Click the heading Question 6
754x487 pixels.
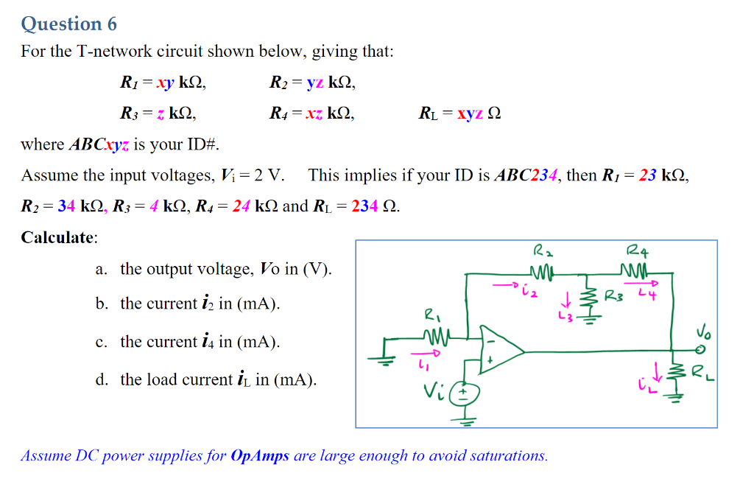coord(68,24)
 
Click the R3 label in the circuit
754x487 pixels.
coord(613,298)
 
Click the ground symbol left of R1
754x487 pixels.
coord(384,357)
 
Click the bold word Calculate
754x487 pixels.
coord(59,237)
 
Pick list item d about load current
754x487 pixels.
coord(207,379)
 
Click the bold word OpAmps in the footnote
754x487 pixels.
coord(260,455)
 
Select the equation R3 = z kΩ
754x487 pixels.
coord(158,113)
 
